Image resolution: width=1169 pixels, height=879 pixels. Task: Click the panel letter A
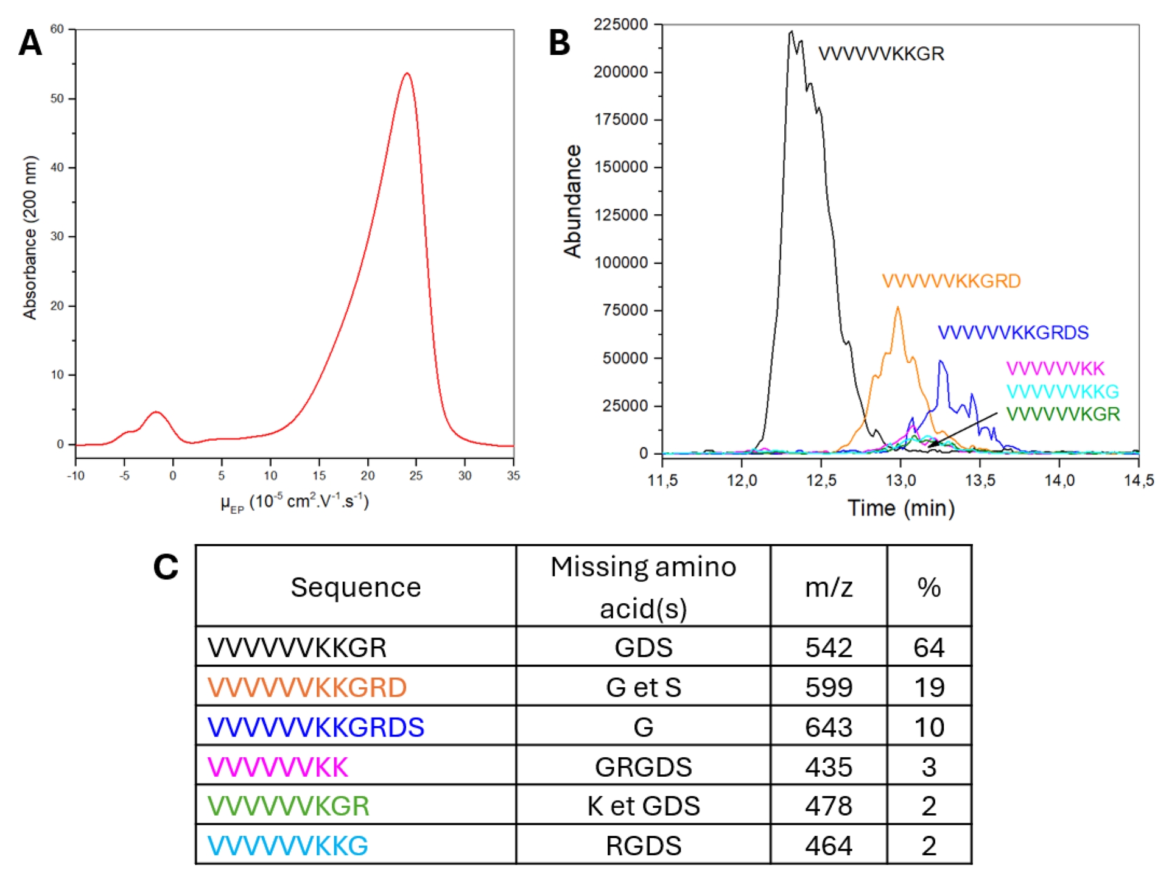30,43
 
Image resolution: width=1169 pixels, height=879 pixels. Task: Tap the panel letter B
559,43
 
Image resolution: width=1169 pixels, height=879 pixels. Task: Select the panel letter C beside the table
166,567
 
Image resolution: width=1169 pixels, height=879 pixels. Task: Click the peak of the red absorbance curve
407,74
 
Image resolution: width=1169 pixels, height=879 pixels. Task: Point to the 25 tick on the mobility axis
416,475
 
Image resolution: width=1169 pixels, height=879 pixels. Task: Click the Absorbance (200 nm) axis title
30,237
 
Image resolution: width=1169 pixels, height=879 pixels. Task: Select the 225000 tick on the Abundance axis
620,25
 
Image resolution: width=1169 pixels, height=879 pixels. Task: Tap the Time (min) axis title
900,508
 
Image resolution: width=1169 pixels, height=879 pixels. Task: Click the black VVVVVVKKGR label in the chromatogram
880,54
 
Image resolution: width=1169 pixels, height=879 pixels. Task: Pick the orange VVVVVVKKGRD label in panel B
951,281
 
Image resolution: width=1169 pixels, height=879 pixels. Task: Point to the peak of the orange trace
897,307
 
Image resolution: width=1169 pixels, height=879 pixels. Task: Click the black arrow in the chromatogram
962,430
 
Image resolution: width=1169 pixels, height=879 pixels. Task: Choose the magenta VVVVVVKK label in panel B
1055,368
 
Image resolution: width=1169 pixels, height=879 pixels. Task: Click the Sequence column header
356,587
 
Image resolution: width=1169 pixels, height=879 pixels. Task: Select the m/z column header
828,587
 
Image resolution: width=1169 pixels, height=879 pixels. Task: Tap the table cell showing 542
828,647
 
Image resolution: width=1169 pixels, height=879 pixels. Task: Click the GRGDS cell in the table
643,766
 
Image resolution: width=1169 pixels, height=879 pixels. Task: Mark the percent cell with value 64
929,647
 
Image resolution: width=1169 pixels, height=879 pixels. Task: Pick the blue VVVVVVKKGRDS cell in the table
315,727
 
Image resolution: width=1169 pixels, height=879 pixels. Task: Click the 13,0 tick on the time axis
900,480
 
